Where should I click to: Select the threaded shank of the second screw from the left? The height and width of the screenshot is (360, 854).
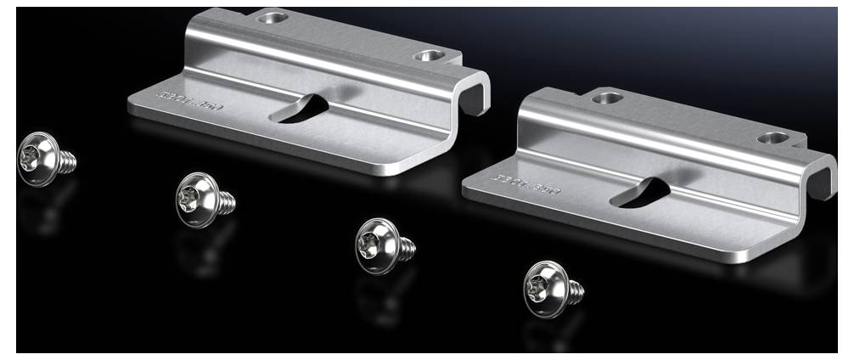(x=225, y=202)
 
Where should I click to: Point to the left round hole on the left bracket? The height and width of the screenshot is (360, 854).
(x=273, y=17)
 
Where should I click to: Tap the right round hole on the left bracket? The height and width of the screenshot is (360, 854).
(x=427, y=57)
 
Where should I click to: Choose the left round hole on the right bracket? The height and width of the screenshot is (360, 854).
(x=607, y=98)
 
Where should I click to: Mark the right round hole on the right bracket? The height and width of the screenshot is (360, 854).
(x=773, y=137)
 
